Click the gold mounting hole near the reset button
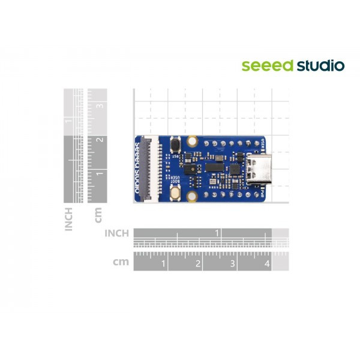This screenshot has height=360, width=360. (x=192, y=142)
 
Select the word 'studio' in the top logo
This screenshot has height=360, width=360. (x=320, y=65)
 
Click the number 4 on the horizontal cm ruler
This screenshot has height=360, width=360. (x=267, y=263)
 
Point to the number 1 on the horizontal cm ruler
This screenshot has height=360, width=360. (x=163, y=263)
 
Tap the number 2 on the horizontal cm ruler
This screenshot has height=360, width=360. (x=198, y=263)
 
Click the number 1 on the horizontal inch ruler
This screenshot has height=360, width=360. (x=217, y=232)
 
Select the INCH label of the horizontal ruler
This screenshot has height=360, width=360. (x=117, y=233)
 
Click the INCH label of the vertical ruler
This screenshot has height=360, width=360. (x=68, y=218)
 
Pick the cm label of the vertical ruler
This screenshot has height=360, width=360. (x=98, y=215)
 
